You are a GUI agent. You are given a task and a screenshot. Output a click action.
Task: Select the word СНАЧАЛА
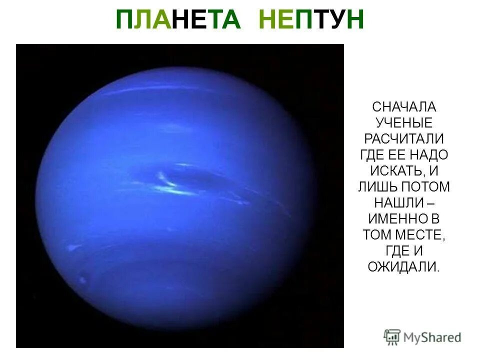404,107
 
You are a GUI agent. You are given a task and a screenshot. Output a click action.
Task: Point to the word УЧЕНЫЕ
404,123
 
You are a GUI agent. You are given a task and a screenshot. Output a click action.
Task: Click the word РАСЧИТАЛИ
404,139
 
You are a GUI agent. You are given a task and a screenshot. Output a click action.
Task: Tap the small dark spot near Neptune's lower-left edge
81,279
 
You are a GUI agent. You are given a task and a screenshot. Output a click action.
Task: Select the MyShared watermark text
433,337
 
